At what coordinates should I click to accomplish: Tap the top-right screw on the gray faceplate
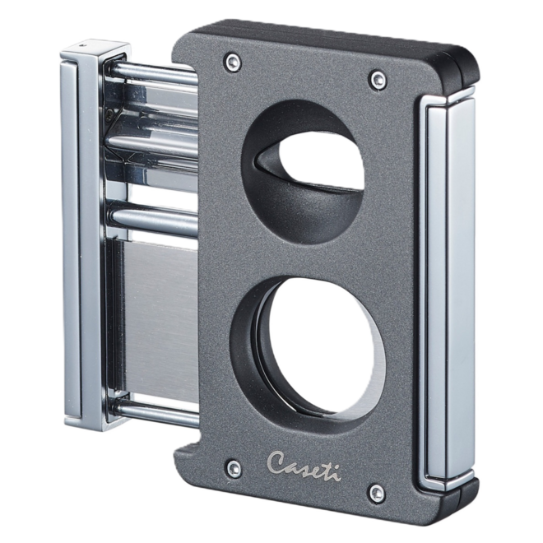point(378,78)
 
